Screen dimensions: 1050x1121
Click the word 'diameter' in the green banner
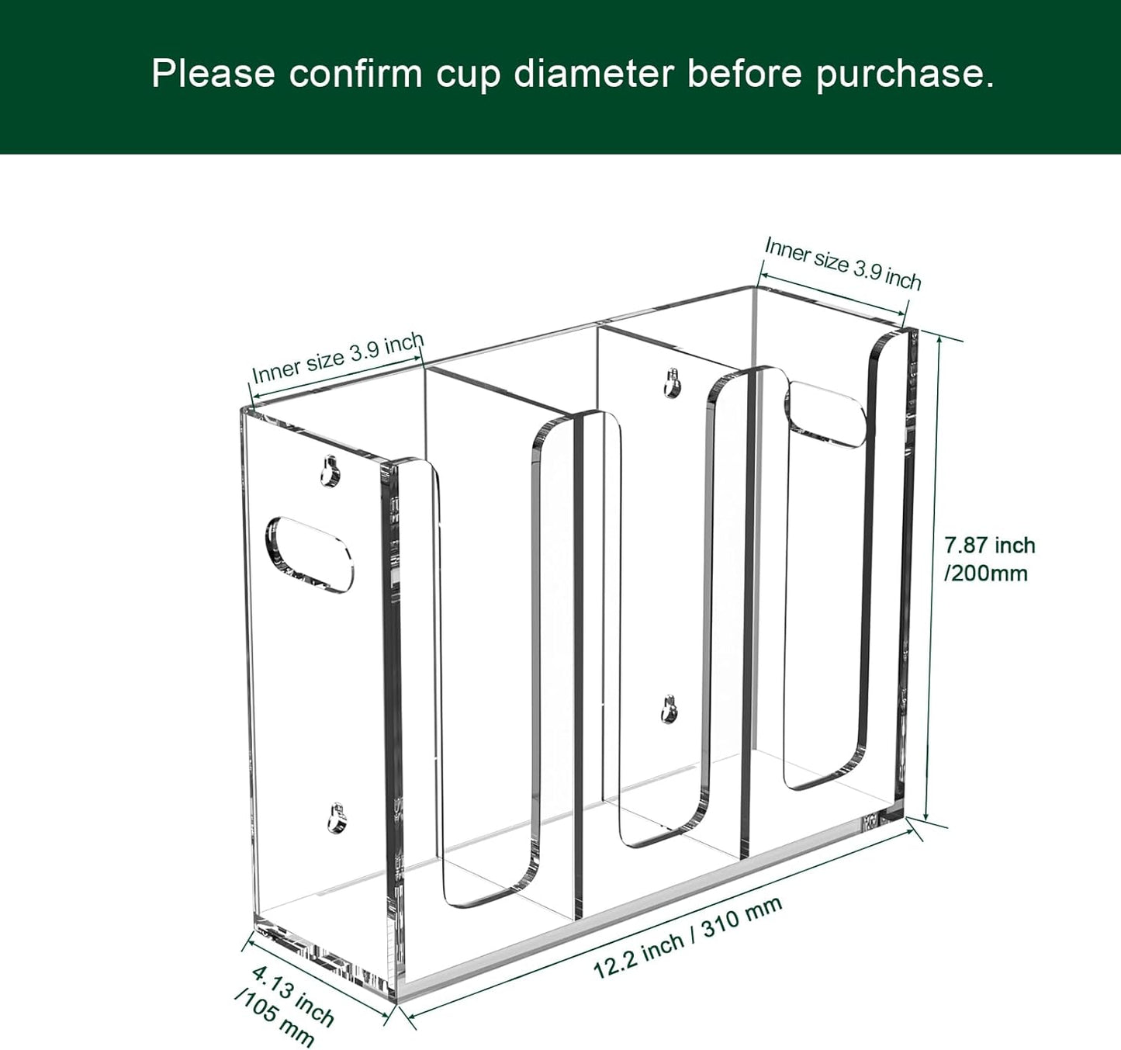pyautogui.click(x=593, y=75)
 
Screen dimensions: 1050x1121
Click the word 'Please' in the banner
pyautogui.click(x=213, y=75)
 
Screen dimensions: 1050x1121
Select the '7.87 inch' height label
pyautogui.click(x=990, y=546)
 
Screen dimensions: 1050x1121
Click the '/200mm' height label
pyautogui.click(x=986, y=574)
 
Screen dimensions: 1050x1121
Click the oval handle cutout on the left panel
pyautogui.click(x=309, y=553)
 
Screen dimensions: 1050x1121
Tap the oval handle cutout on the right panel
pyautogui.click(x=825, y=414)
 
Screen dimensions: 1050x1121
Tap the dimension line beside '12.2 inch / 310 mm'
pyautogui.click(x=659, y=919)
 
